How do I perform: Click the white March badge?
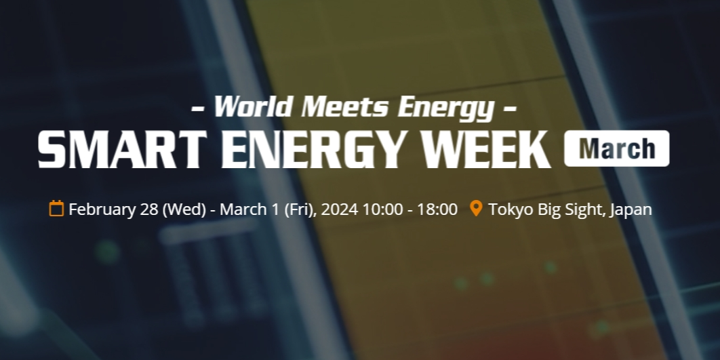617,148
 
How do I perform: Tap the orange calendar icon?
56,208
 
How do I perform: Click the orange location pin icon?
476,208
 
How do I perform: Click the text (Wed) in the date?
184,209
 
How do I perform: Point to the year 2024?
340,209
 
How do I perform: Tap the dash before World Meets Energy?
197,109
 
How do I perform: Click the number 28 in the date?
148,209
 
